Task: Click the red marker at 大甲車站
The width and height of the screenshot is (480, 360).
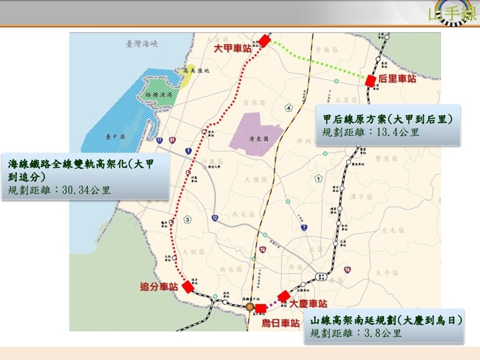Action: [x=265, y=41]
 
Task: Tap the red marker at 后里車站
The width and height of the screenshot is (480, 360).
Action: [x=371, y=80]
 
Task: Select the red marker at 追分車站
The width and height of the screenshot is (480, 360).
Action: [x=188, y=287]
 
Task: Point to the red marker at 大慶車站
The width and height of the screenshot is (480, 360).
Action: [x=284, y=296]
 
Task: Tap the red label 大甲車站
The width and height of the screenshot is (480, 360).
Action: [x=233, y=48]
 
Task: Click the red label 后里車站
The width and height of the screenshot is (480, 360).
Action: [x=397, y=79]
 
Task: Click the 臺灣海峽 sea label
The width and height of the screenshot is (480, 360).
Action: [x=141, y=44]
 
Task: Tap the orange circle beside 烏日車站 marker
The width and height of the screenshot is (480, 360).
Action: [x=249, y=307]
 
